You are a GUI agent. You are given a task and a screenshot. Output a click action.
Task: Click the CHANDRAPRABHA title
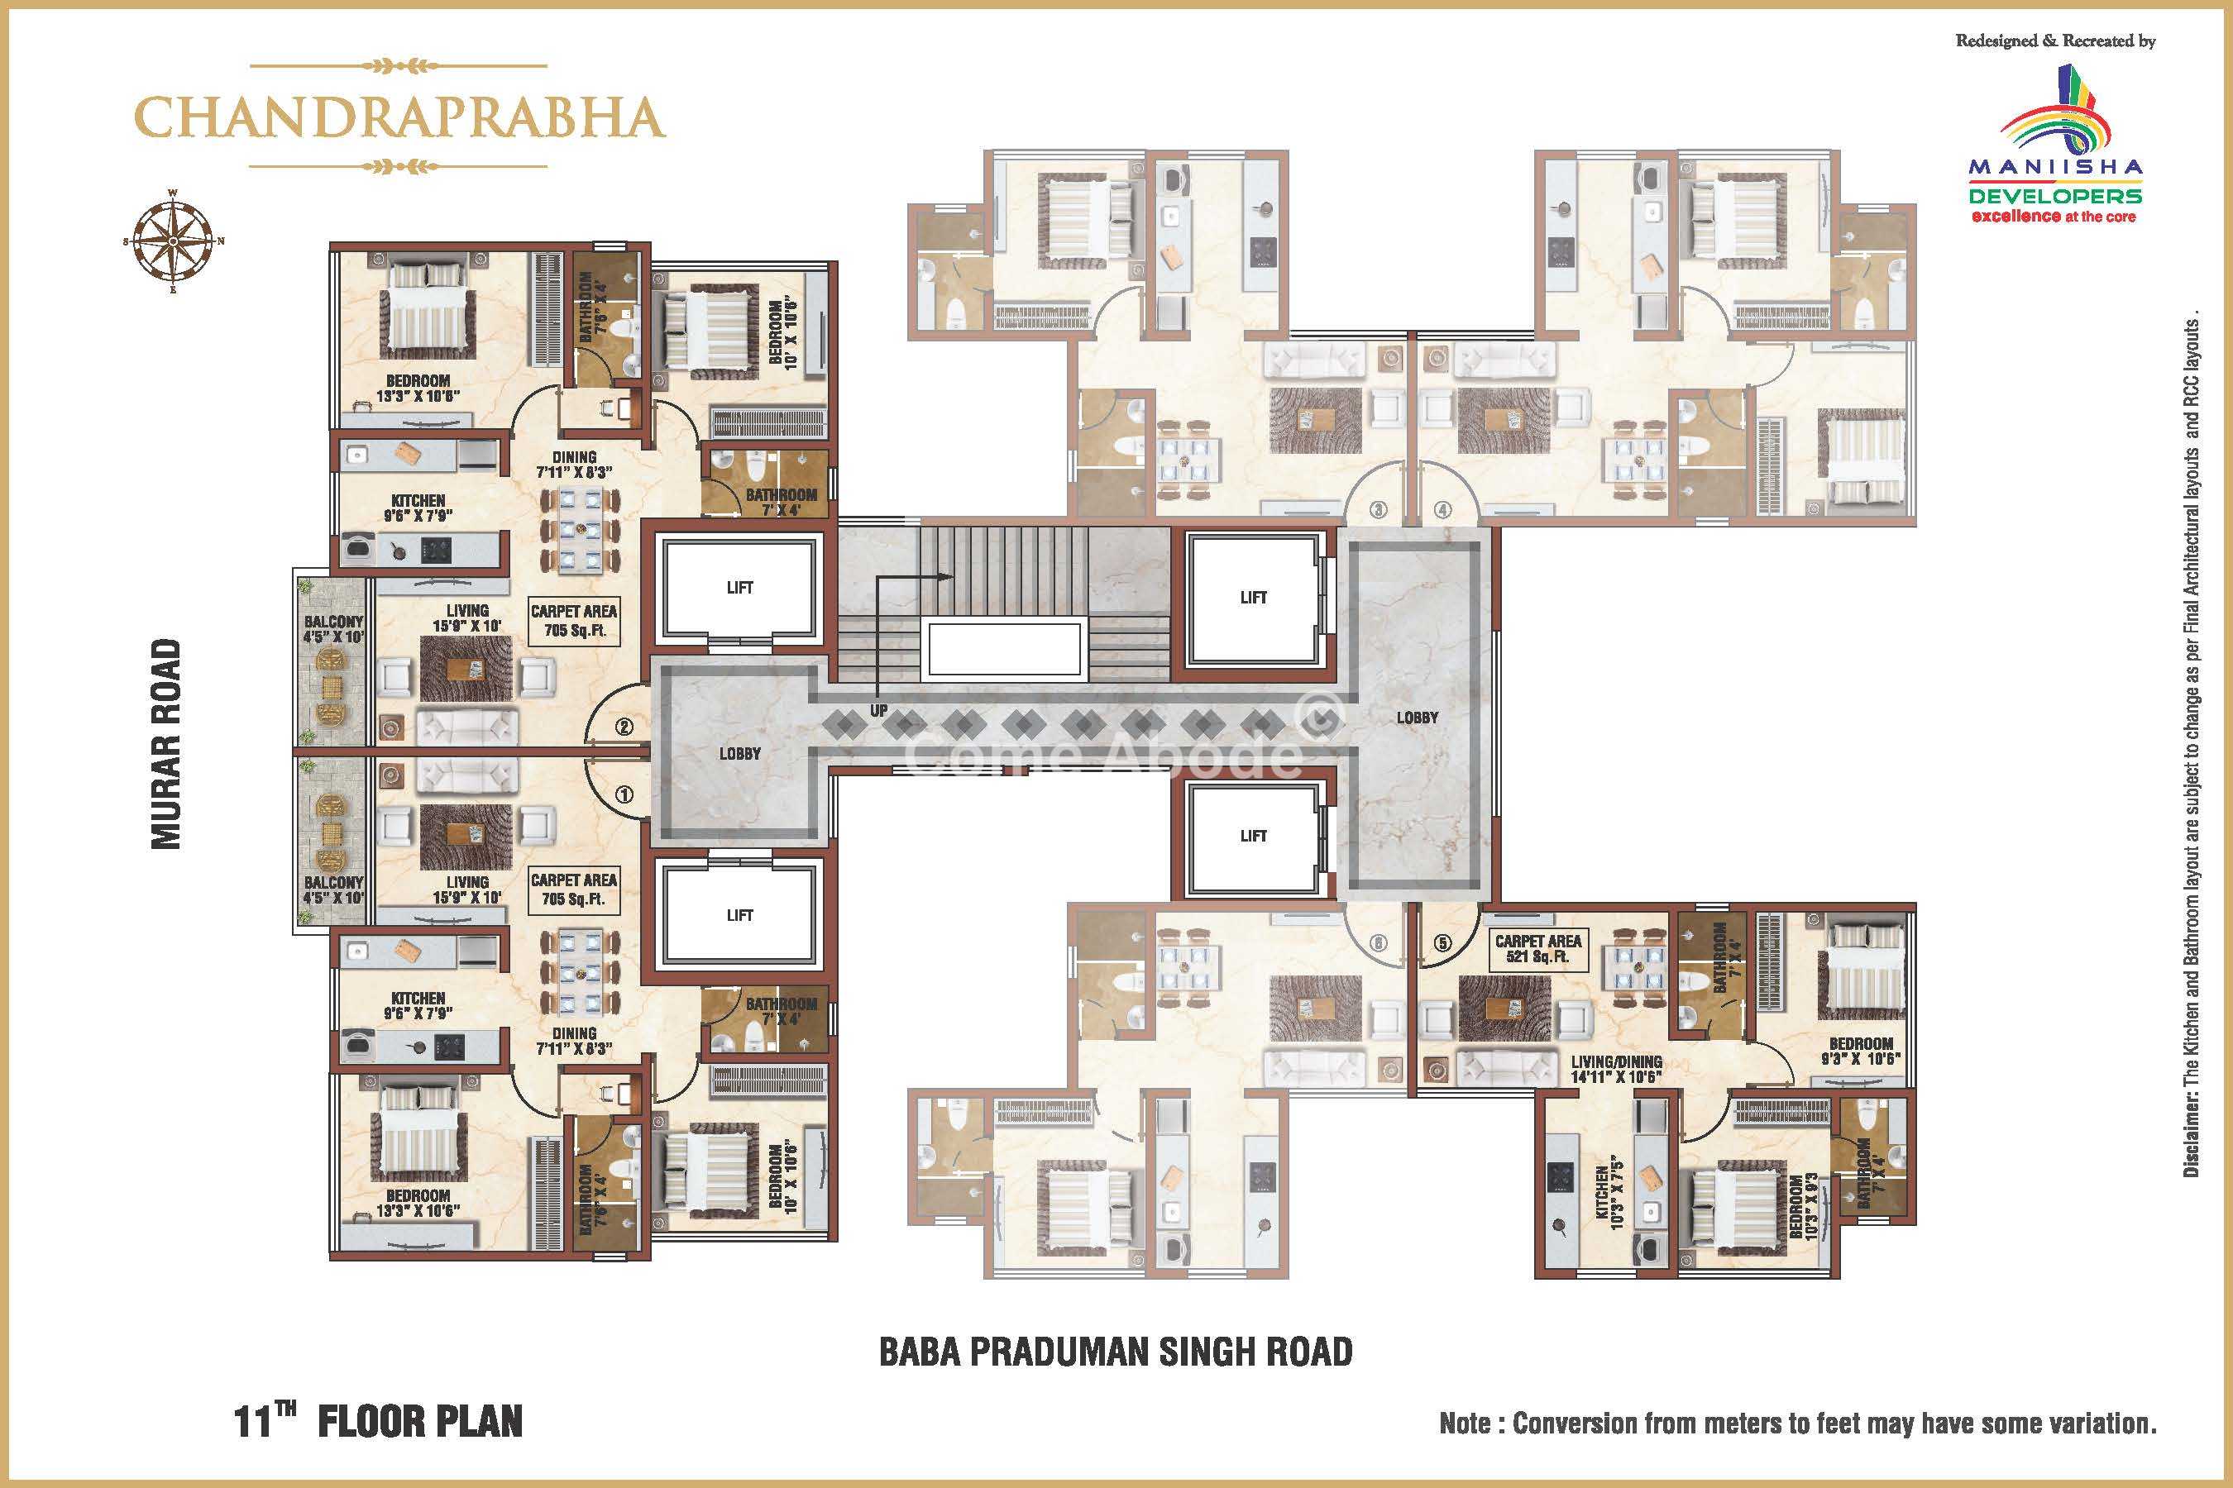399,117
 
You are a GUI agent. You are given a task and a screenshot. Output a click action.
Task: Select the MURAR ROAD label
166,744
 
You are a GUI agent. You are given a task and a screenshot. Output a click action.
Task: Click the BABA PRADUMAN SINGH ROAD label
1116,1352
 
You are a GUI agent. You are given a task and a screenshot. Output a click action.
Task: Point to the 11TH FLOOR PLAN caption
378,1420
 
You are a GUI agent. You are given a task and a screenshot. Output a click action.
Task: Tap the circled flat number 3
1379,509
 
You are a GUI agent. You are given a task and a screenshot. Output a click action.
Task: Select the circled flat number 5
1443,943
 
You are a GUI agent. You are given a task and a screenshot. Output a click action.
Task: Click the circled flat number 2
624,727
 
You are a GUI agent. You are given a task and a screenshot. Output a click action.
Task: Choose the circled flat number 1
624,794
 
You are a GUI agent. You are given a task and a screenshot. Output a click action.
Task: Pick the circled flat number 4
1443,509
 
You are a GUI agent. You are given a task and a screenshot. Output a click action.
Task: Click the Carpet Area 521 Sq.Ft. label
1538,948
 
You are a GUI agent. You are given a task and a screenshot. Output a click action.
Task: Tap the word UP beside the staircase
879,710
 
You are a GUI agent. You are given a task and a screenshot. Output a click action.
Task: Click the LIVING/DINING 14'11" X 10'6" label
1616,1070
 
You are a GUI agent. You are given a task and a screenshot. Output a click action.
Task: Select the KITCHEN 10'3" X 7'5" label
1610,1199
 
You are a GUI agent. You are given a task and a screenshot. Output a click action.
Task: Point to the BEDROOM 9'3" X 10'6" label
1861,1051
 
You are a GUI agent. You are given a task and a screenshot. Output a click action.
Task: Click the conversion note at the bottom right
1798,1424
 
